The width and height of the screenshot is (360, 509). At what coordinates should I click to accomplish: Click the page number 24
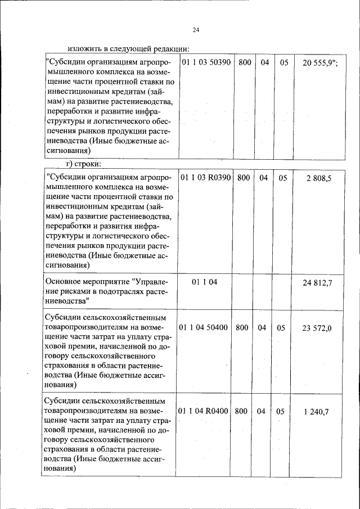coord(196,30)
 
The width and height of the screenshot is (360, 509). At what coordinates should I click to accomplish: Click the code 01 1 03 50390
coord(206,62)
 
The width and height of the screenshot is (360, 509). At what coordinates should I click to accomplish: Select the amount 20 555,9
coord(318,63)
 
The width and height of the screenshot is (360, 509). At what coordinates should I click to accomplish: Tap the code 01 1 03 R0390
coord(206,178)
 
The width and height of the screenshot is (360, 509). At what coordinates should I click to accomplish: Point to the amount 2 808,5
coord(319,178)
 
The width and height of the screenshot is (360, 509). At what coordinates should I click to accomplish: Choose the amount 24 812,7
coord(318,282)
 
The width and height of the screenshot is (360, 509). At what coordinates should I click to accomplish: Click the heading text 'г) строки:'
coord(83,164)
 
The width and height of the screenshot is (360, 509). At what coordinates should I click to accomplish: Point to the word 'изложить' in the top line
coord(84,48)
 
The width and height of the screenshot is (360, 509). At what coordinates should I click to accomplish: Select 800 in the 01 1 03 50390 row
coord(245,62)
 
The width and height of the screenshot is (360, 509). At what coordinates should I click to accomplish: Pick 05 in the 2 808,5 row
coord(283,178)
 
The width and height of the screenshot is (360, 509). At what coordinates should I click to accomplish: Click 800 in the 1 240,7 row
coord(242,411)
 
